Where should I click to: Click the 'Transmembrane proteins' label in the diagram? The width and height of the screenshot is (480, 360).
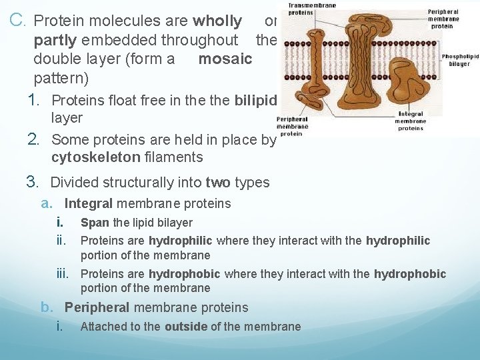coord(303,9)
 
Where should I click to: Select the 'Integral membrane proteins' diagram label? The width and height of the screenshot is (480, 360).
coord(410,121)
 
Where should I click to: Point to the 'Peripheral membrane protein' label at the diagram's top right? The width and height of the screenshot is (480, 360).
coord(443,19)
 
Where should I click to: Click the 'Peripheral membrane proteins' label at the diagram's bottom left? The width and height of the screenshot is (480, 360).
coord(293,126)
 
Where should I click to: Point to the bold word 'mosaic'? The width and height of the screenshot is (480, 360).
coord(225,59)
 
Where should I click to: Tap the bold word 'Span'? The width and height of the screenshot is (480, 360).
coord(94,223)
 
